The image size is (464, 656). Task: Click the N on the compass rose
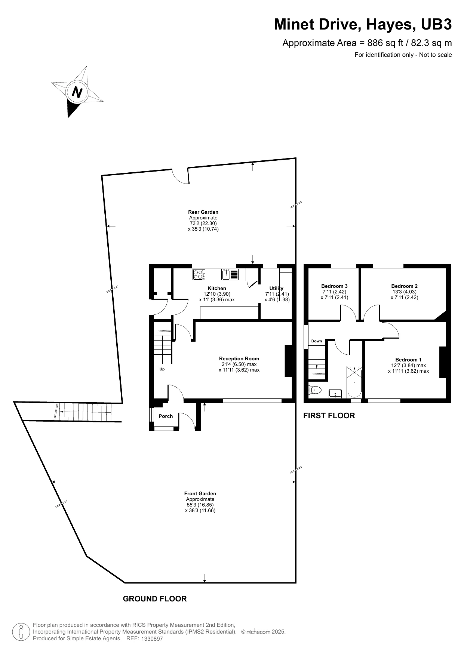tap(77, 92)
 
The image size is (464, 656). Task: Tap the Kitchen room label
tap(217, 288)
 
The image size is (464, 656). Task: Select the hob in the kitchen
tap(199, 275)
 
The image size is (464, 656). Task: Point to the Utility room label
tap(276, 288)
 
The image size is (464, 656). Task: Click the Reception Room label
tap(239, 358)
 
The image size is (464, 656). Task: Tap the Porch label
tap(166, 416)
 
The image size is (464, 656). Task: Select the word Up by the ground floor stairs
tap(162, 369)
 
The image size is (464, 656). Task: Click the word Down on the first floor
tap(316, 341)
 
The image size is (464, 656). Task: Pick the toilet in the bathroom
tap(315, 390)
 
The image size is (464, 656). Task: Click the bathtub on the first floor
tap(354, 382)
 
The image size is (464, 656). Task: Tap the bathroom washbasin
tap(335, 393)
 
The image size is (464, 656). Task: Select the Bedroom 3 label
tap(334, 286)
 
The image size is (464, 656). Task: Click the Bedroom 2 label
tap(404, 286)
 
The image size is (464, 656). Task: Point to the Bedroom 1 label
tap(408, 360)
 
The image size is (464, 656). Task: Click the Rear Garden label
tap(203, 212)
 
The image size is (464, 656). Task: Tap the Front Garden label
tap(200, 493)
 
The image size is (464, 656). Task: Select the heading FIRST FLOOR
tap(329, 416)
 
